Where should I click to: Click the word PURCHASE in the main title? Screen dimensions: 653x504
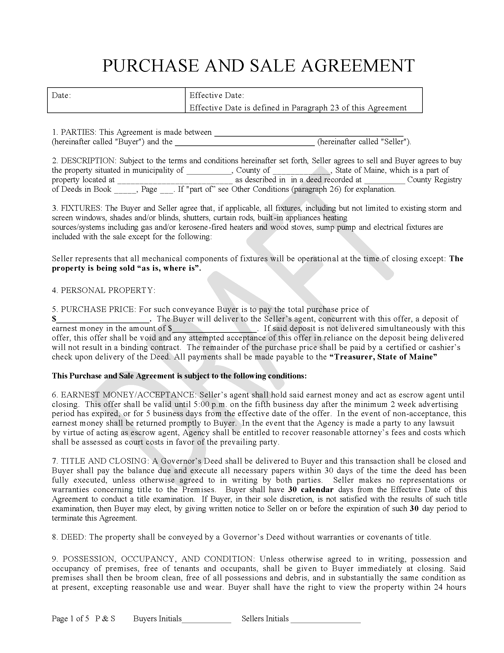[x=151, y=66]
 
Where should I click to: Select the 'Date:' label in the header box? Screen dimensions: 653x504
[x=61, y=95]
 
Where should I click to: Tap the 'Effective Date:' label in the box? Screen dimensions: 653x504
[x=217, y=95]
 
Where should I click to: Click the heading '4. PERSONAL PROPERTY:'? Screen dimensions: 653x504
[x=103, y=290]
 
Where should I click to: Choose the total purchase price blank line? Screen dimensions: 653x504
[x=103, y=320]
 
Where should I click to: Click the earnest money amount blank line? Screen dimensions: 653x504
[x=215, y=329]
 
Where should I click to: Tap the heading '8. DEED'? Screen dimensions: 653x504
[x=69, y=537]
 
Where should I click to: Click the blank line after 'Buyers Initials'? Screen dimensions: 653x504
[x=206, y=619]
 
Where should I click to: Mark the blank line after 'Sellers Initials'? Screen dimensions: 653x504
[x=326, y=619]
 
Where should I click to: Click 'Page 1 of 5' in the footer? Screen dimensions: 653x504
[x=71, y=618]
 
